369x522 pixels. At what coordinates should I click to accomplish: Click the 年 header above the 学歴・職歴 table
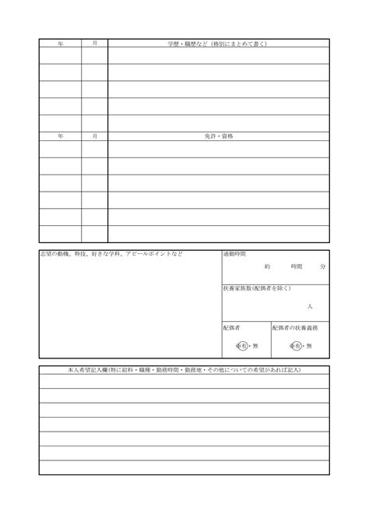click(x=61, y=44)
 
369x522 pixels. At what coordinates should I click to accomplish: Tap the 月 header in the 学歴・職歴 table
click(x=94, y=44)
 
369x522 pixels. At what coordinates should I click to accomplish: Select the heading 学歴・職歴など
click(x=218, y=44)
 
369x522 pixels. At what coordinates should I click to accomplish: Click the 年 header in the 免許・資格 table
click(x=61, y=136)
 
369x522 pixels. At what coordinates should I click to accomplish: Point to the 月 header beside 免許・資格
click(x=94, y=136)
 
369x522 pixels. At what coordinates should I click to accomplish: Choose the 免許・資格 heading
click(x=218, y=136)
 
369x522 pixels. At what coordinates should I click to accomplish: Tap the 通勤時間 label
click(x=234, y=255)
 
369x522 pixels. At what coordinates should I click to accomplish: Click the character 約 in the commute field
click(x=267, y=266)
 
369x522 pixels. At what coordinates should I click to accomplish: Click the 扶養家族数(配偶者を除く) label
click(x=257, y=289)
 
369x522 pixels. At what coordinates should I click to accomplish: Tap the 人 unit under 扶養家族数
click(x=310, y=306)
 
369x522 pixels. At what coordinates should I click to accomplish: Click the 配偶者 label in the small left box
click(x=232, y=327)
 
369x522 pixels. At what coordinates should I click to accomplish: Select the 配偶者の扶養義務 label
click(x=295, y=327)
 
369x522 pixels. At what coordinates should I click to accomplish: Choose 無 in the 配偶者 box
click(x=255, y=345)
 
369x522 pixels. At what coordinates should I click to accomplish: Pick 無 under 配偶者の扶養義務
click(x=309, y=345)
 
